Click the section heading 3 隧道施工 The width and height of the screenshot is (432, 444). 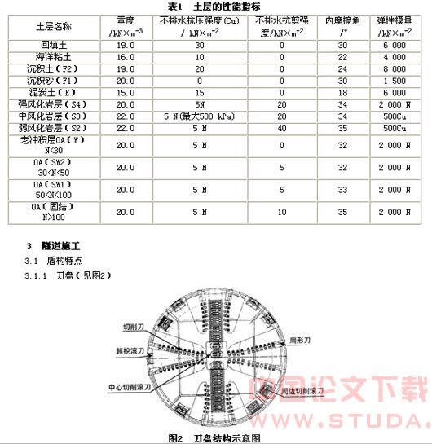[65, 245]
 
